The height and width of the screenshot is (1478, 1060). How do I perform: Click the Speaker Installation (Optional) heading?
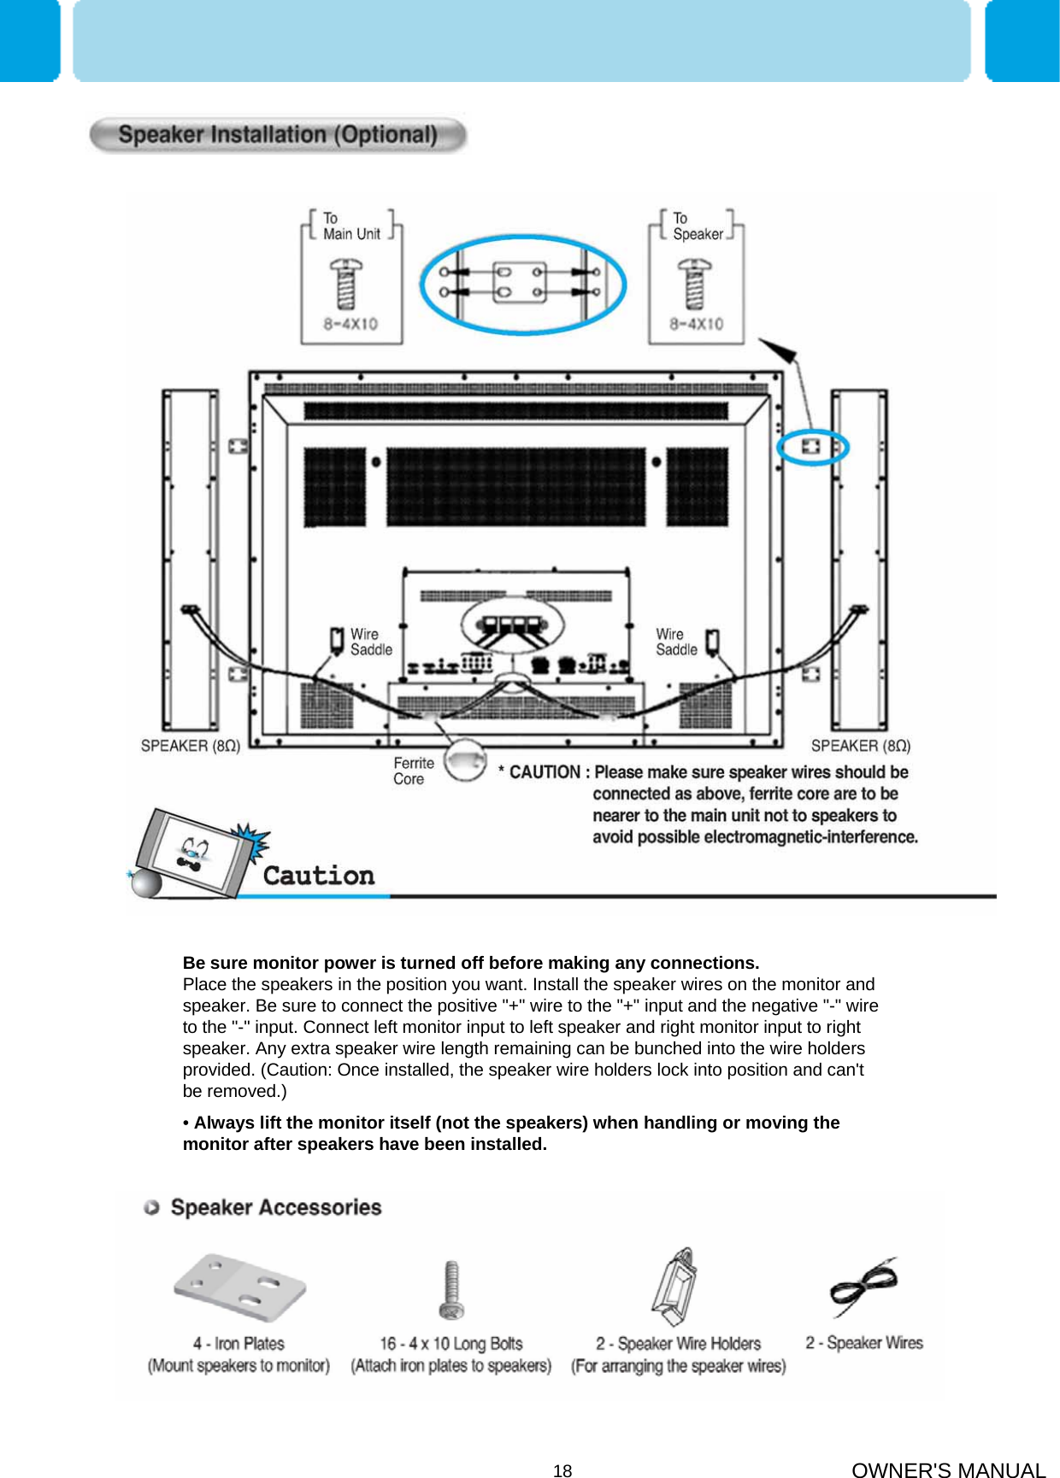(x=278, y=135)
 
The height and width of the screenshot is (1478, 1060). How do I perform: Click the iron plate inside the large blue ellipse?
(x=521, y=283)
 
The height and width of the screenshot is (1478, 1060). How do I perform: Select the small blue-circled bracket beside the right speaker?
(x=810, y=446)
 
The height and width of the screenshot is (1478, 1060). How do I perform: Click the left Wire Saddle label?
(x=371, y=642)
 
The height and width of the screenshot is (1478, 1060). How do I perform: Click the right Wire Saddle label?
(x=676, y=642)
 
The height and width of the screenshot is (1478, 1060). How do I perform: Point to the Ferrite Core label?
(x=414, y=771)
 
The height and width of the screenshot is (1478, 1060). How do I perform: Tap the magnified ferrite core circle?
(x=466, y=760)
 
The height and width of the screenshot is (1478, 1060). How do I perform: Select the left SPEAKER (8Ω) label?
(x=190, y=746)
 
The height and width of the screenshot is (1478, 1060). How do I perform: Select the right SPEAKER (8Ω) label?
(x=860, y=746)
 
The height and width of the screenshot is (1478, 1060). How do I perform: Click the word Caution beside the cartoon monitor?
(x=319, y=876)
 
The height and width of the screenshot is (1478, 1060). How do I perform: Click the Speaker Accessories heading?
(x=275, y=1207)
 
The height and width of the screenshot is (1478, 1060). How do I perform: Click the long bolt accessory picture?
(x=451, y=1290)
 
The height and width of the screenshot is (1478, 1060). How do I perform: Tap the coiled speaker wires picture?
(x=863, y=1287)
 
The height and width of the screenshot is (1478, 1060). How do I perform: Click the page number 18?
(x=562, y=1470)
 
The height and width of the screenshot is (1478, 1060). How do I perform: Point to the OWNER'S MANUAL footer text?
(x=948, y=1469)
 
